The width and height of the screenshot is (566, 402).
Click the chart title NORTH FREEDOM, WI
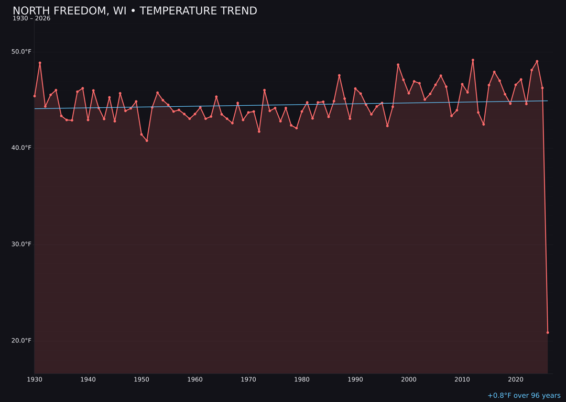pos(135,11)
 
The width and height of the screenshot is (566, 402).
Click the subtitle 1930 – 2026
pos(31,19)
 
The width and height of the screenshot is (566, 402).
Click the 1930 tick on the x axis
pos(35,379)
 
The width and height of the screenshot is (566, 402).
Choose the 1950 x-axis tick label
pos(141,379)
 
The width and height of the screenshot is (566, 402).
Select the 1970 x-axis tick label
pos(248,379)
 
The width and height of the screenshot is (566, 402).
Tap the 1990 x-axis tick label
pos(355,379)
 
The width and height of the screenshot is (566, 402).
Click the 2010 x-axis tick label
pos(462,379)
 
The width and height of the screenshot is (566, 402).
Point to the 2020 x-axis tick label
pos(516,379)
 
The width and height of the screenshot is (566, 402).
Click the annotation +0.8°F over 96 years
pos(524,396)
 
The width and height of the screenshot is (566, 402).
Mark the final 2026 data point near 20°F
pos(548,332)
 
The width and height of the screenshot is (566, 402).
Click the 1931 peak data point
pos(40,63)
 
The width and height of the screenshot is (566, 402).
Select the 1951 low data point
pos(147,140)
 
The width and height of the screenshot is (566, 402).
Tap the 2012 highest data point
pos(473,60)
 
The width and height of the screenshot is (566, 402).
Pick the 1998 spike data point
pos(398,64)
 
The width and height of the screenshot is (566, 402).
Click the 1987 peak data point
pos(339,75)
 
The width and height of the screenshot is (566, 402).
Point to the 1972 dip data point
pos(259,131)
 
